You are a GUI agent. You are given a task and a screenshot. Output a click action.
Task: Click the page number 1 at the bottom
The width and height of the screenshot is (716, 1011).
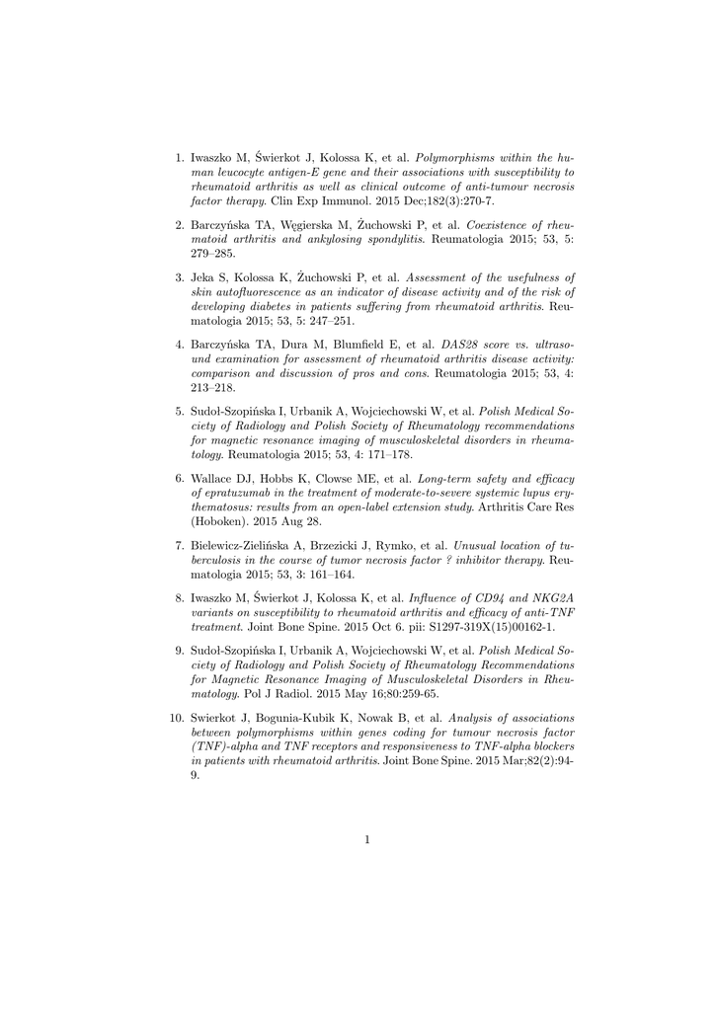pyautogui.click(x=366, y=840)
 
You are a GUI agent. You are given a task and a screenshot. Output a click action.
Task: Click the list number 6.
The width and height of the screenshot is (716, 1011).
pyautogui.click(x=180, y=477)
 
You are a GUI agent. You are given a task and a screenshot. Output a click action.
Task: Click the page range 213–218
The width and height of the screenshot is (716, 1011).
pyautogui.click(x=213, y=388)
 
